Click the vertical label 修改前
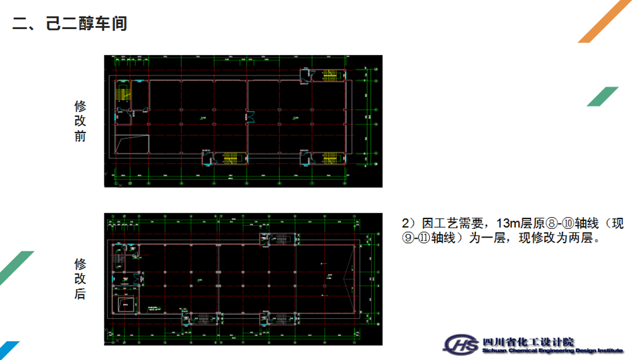[80, 121]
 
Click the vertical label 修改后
[80, 279]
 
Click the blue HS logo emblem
[461, 344]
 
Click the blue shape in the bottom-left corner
[9, 350]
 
